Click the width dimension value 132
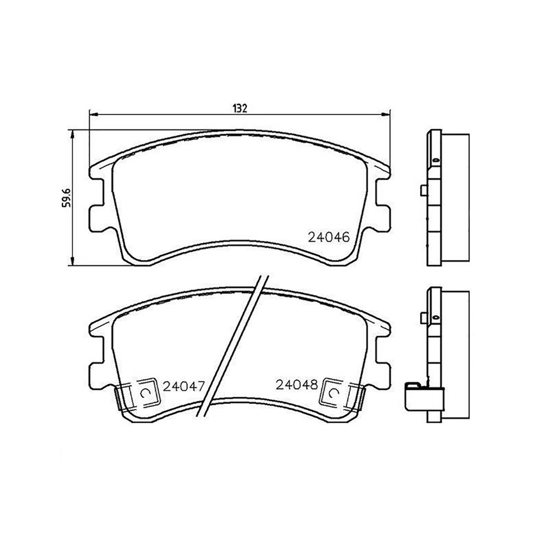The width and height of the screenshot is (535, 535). [239, 108]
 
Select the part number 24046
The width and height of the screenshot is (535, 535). [328, 237]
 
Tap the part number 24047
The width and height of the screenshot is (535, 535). [183, 385]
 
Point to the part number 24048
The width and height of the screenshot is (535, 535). [296, 384]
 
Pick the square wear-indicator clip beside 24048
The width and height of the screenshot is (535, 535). [334, 393]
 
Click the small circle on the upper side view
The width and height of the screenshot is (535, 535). [435, 159]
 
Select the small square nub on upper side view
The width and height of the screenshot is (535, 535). [423, 190]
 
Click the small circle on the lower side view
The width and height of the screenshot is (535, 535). [435, 317]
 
